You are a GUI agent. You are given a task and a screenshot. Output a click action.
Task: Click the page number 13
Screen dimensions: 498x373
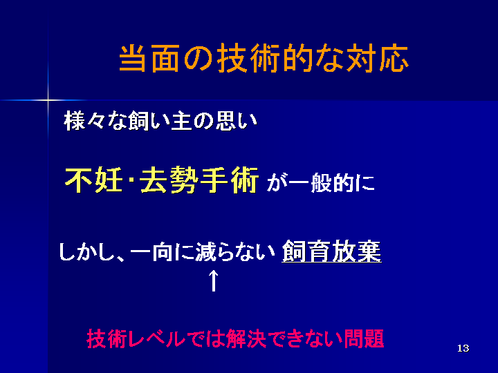(463, 348)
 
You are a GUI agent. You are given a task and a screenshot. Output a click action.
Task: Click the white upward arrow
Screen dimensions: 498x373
(214, 280)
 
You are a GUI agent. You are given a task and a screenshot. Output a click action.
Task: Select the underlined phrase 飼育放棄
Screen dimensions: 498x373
(331, 251)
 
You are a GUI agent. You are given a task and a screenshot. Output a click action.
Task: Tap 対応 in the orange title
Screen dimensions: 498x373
(377, 59)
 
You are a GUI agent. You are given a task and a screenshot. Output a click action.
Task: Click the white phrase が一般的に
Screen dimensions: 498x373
(321, 183)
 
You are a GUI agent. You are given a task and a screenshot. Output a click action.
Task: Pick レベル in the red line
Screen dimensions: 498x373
(157, 338)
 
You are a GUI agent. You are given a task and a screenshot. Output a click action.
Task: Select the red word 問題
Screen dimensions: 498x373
(364, 338)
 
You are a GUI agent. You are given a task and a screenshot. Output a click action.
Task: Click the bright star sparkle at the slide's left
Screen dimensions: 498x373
(48, 100)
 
